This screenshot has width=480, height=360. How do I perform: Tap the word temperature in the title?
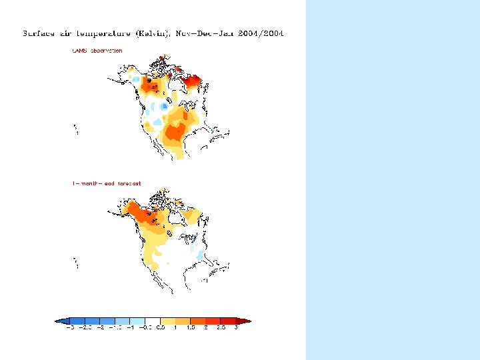106,33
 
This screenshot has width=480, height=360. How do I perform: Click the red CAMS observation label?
97,51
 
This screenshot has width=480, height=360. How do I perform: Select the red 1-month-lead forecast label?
107,183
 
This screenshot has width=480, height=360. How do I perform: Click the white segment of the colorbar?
153,321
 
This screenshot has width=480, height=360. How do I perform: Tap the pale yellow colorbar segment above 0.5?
168,321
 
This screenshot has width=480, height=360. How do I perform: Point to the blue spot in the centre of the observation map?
164,107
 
